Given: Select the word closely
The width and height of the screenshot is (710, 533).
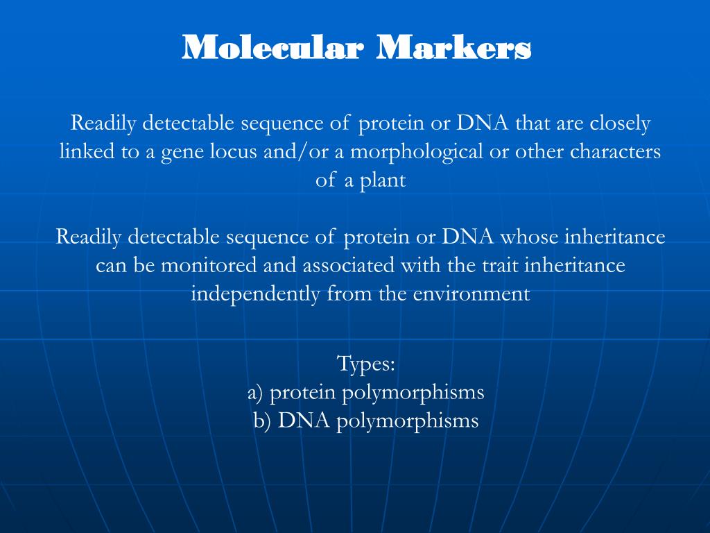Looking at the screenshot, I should click(620, 124).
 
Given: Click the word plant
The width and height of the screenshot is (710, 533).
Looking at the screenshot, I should click(382, 180).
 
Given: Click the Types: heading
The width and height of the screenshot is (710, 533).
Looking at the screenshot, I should click(365, 363).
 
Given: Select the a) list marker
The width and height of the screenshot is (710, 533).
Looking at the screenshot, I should click(256, 392).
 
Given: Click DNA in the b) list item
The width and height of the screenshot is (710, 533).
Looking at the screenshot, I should click(305, 421).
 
